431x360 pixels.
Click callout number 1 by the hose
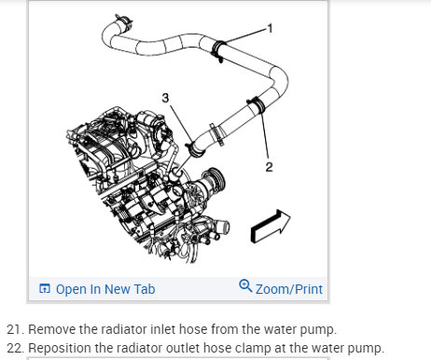point(270,29)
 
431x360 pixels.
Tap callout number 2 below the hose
point(269,167)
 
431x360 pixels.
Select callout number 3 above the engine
point(165,98)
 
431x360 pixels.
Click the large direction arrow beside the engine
point(271,226)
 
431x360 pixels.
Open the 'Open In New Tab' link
point(105,289)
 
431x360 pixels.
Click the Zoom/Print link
point(289,289)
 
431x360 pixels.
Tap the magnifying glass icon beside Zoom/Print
point(245,285)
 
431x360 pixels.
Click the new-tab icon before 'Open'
point(45,289)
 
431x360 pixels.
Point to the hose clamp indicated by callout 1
point(218,50)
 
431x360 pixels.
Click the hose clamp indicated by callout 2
point(257,104)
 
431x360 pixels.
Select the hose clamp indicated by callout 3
point(196,148)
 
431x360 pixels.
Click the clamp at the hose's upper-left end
point(123,21)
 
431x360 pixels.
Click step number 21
point(15,329)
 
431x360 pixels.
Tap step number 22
point(15,348)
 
